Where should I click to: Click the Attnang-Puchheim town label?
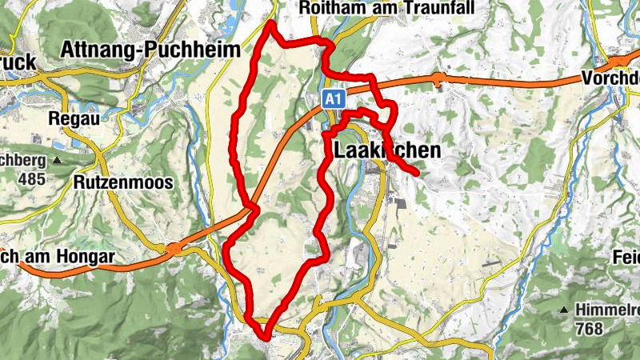[150, 50]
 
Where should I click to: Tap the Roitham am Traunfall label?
[387, 8]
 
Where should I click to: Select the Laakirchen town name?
[383, 150]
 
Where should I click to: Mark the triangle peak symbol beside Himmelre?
[565, 310]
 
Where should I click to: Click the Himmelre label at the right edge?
[606, 309]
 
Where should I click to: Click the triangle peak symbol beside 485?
[57, 160]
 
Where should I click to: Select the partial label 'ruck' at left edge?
[16, 62]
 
